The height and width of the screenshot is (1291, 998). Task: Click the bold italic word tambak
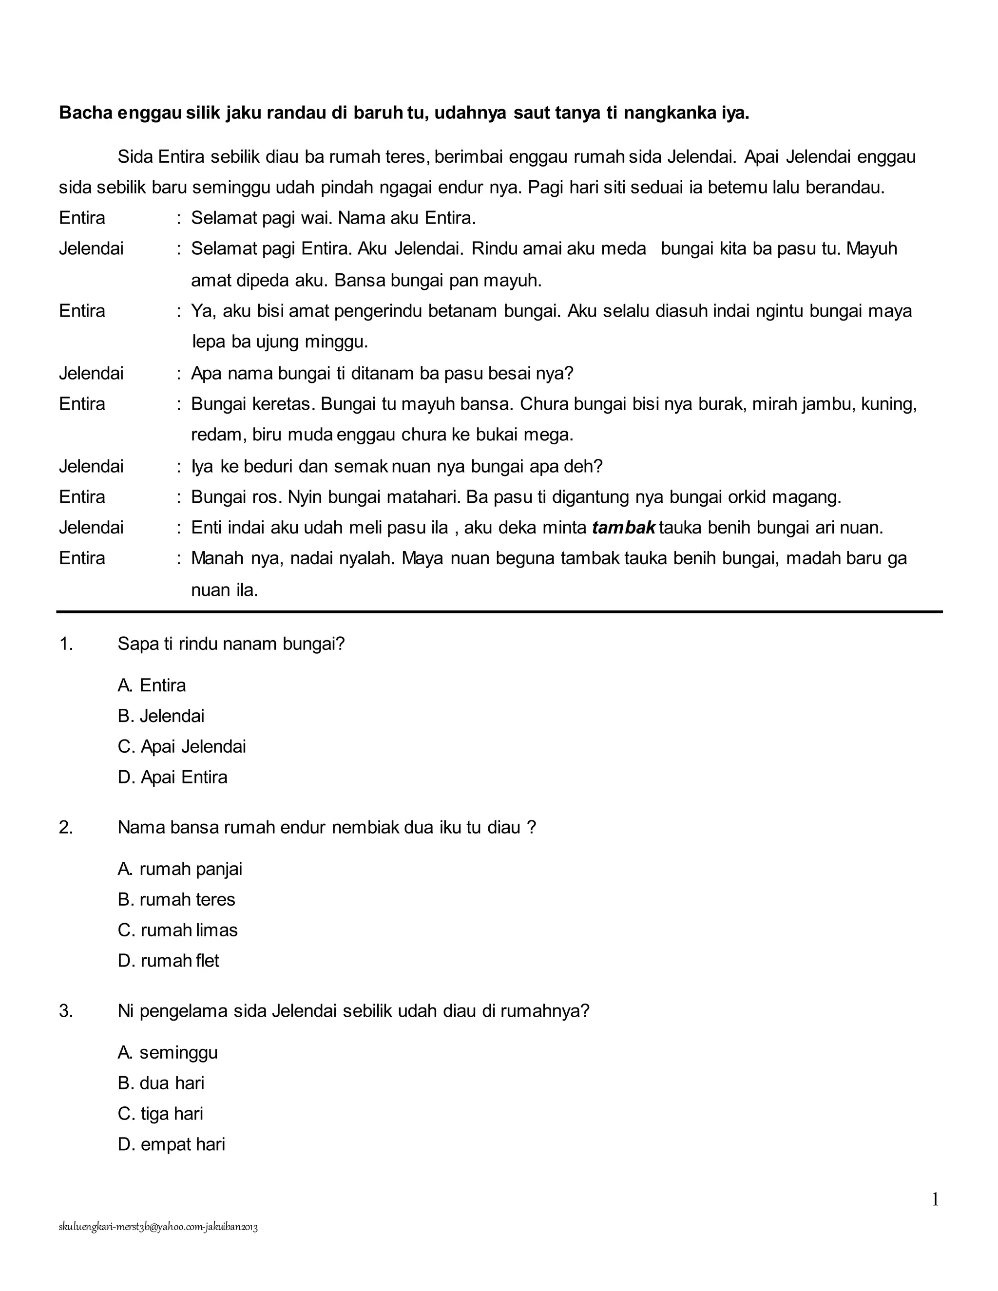coord(623,527)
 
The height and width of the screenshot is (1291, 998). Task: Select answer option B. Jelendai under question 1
coord(161,716)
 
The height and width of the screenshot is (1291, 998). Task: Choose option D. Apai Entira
coord(172,777)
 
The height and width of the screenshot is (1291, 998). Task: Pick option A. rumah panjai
coord(180,869)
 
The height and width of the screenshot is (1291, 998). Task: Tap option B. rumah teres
coord(176,899)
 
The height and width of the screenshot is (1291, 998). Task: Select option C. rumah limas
coord(177,930)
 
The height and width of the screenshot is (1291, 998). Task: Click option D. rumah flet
coord(168,961)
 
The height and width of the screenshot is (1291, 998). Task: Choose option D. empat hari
coord(172,1144)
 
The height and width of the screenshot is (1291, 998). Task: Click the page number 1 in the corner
coord(935,1199)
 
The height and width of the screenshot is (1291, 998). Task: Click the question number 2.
coord(66,827)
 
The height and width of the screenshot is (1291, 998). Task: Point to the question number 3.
coord(66,1011)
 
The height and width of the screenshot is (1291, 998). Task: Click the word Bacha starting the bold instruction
coord(86,113)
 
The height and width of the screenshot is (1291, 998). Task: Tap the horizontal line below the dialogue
coord(499,612)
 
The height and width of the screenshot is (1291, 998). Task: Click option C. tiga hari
coord(160,1114)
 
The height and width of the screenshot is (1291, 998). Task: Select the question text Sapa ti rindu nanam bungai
coord(230,644)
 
